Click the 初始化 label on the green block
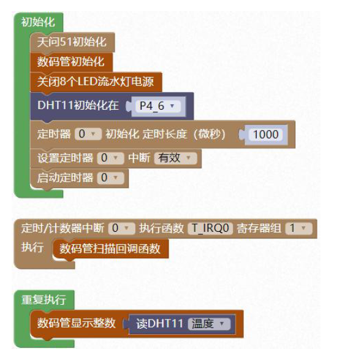(x=38, y=22)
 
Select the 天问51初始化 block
(x=72, y=42)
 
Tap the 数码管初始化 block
(x=72, y=62)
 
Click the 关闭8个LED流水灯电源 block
(x=96, y=82)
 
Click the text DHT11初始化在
(x=78, y=105)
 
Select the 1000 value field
(x=265, y=134)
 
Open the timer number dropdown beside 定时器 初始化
(x=88, y=134)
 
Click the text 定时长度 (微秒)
(x=184, y=134)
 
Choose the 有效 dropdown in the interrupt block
(x=175, y=158)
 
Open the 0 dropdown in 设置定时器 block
(x=110, y=158)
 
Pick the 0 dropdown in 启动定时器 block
(x=110, y=178)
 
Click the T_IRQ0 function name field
(x=210, y=228)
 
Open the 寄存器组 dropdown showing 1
(x=299, y=228)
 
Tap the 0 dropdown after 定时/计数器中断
(x=122, y=228)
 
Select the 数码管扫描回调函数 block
(x=110, y=249)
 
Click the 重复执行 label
(x=44, y=300)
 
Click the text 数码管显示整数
(x=77, y=323)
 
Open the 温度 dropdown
(x=209, y=324)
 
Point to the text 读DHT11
(x=159, y=324)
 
